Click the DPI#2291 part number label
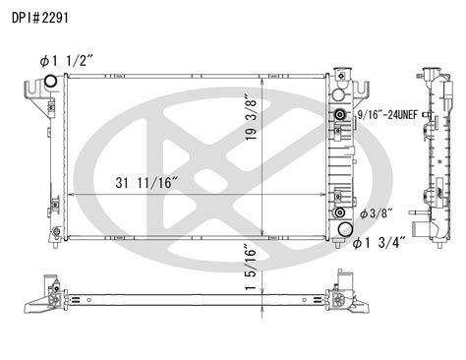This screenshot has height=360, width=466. click(40, 18)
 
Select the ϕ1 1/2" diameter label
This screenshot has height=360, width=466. click(67, 61)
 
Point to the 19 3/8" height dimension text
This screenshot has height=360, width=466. click(252, 118)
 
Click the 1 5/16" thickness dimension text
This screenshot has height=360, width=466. click(251, 268)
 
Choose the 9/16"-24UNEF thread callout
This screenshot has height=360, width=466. click(387, 115)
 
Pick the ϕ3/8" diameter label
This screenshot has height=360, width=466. click(377, 213)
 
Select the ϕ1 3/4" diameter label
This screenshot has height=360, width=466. click(379, 243)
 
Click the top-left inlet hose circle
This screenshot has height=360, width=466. click(50, 81)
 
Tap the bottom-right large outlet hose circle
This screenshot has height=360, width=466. click(345, 229)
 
